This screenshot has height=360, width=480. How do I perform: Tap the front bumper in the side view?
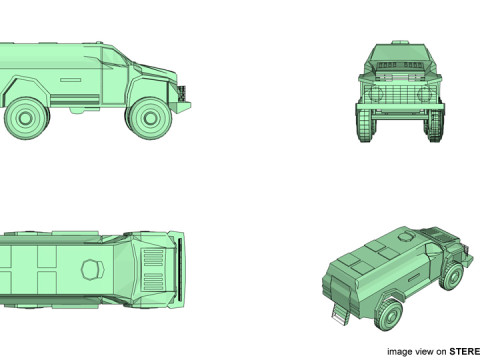pyautogui.click(x=183, y=95)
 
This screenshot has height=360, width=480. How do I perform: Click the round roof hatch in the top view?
pyautogui.click(x=91, y=268)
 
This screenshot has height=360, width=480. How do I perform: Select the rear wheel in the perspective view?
pyautogui.click(x=389, y=316)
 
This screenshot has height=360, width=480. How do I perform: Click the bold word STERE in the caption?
pyautogui.click(x=464, y=351)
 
